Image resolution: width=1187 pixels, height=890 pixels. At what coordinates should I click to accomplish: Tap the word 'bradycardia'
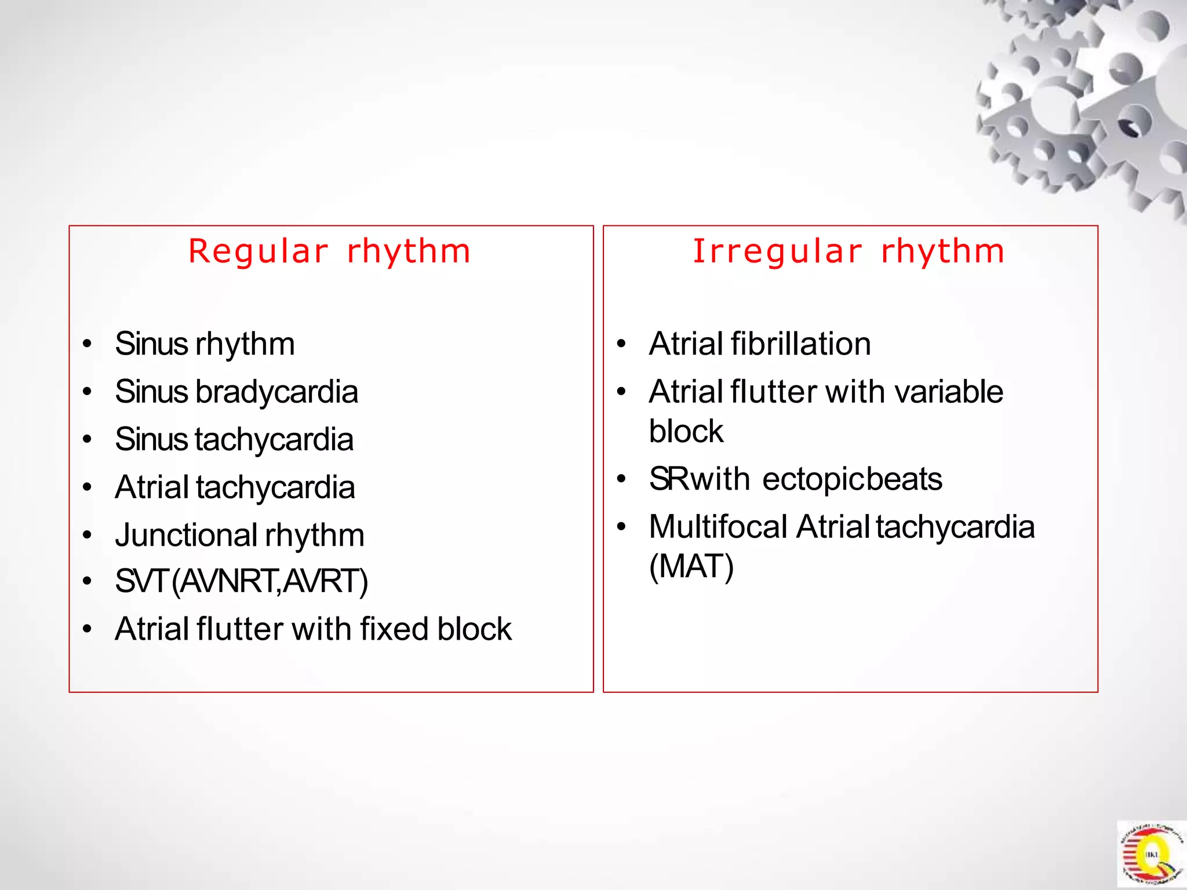pos(276,392)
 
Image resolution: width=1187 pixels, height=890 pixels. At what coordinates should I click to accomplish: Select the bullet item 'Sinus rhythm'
pos(205,344)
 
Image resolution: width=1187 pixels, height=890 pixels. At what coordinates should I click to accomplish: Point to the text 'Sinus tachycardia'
pos(234,440)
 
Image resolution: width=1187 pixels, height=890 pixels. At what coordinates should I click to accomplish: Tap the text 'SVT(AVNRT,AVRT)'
pos(241,582)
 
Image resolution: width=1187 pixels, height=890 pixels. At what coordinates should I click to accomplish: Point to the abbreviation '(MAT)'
pos(691,567)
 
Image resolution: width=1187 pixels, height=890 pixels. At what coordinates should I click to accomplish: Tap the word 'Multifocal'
pos(718,527)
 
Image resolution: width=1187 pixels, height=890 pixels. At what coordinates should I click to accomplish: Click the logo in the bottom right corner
pos(1151,854)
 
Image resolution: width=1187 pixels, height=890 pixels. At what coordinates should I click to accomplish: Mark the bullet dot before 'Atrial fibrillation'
pos(621,345)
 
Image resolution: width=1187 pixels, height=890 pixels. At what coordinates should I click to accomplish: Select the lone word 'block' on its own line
pos(686,432)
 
